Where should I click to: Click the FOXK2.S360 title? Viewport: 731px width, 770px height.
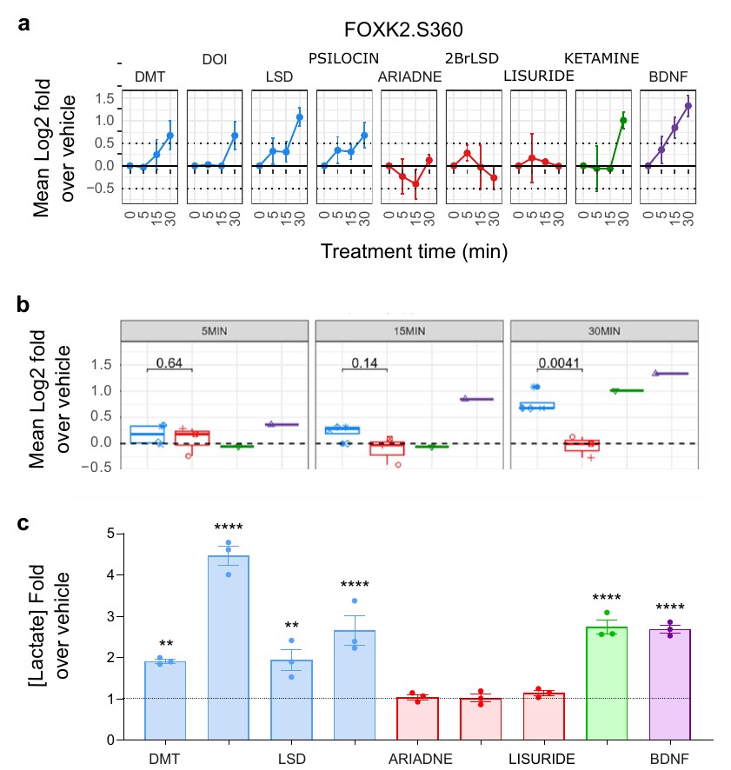[403, 30]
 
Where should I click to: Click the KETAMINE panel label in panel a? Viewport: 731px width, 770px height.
[601, 58]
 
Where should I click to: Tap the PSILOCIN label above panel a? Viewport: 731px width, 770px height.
[343, 58]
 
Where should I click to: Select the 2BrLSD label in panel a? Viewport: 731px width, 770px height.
[472, 58]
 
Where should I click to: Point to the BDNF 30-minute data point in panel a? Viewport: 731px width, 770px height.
[688, 105]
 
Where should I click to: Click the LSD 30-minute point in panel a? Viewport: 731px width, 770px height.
[299, 117]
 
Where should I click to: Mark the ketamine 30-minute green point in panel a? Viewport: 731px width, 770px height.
[623, 120]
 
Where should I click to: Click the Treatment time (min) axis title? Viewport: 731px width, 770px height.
[414, 251]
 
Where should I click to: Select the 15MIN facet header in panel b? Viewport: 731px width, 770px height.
[409, 331]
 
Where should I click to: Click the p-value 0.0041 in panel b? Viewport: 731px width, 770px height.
[559, 363]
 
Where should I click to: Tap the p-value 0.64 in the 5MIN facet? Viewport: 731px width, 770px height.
[169, 363]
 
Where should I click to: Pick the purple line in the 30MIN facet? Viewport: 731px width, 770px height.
[671, 374]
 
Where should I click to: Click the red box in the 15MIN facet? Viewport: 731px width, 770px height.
[387, 448]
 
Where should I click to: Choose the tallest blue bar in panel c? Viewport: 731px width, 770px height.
[229, 647]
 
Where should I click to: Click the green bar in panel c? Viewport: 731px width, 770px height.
[607, 683]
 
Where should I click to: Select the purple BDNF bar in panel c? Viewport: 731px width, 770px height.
[670, 685]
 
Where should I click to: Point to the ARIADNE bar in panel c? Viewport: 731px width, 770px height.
[417, 719]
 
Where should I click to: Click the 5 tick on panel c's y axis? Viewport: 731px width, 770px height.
[110, 534]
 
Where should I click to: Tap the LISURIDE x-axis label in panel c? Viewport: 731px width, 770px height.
[542, 759]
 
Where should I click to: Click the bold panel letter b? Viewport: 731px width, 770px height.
[23, 304]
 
